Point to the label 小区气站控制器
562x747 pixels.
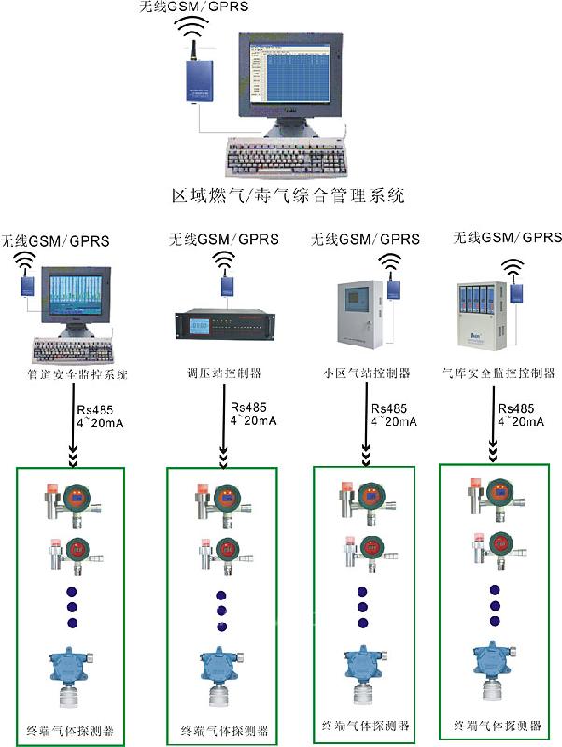[372, 373]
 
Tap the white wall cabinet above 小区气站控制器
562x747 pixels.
[358, 317]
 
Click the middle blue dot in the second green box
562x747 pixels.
[221, 611]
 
